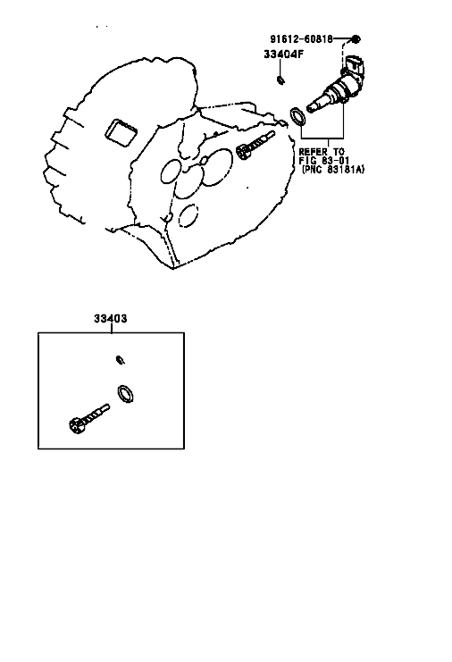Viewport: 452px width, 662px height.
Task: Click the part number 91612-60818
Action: [301, 39]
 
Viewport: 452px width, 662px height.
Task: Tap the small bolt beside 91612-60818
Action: [356, 39]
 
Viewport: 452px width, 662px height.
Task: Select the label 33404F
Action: [283, 54]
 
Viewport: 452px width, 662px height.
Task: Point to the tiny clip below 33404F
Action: [280, 80]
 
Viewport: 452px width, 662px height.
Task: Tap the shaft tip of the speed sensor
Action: [311, 108]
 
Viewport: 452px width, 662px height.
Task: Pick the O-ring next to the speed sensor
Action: [298, 116]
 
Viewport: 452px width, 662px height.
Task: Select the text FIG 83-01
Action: [324, 161]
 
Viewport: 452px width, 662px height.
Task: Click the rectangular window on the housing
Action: [121, 132]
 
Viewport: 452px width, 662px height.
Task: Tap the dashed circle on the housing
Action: [188, 215]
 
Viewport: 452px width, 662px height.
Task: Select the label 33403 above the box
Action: [110, 318]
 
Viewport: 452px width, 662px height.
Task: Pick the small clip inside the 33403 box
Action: [121, 360]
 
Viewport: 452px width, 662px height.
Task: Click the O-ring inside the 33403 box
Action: [125, 394]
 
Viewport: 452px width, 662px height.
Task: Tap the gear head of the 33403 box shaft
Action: [76, 425]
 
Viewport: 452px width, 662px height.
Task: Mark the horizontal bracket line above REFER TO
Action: [322, 138]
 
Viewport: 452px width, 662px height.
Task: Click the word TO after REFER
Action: [338, 152]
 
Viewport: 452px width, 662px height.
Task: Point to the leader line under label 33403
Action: [112, 328]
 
